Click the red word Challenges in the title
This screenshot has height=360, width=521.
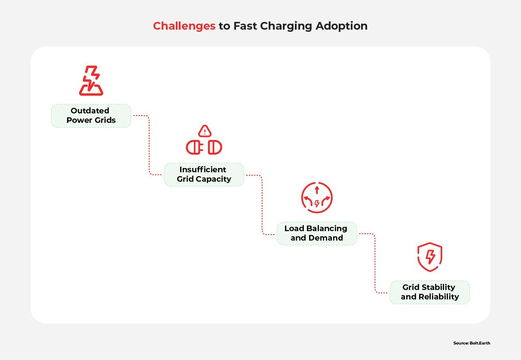click(x=184, y=26)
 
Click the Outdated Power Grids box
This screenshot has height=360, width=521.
click(x=91, y=116)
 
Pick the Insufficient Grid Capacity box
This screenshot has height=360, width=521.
click(x=204, y=174)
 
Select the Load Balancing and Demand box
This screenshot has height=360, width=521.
click(x=316, y=233)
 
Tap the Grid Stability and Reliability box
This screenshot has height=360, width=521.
click(x=429, y=292)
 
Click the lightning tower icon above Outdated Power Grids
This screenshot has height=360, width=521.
click(x=91, y=81)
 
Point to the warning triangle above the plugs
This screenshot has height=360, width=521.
click(x=205, y=131)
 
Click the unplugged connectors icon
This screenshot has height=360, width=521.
click(x=204, y=147)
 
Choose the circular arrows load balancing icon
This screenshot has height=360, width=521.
click(x=317, y=198)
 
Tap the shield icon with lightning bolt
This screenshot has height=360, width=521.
click(x=429, y=257)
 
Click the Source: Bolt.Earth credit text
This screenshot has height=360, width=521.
click(x=472, y=343)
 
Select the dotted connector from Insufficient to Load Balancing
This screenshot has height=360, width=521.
click(x=262, y=204)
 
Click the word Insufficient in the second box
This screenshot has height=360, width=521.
click(x=203, y=170)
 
